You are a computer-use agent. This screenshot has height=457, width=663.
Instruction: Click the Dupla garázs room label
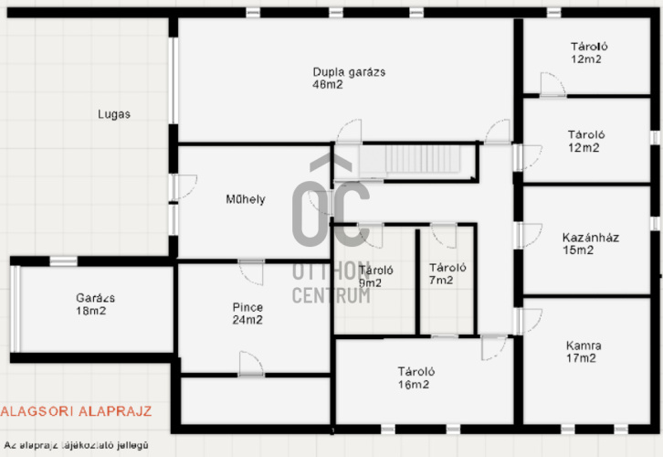(349, 79)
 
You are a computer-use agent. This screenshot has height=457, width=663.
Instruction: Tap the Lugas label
(114, 114)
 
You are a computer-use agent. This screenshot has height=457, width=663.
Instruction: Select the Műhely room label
(246, 199)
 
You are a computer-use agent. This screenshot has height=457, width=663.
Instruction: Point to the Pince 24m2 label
(247, 314)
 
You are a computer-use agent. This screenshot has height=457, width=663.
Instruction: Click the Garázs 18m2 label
(95, 304)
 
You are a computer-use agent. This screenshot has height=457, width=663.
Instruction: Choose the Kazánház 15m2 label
(591, 244)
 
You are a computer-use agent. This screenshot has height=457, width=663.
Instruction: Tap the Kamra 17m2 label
(583, 352)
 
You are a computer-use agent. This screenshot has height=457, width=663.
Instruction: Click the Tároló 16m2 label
(416, 377)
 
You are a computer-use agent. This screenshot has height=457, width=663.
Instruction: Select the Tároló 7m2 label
(447, 274)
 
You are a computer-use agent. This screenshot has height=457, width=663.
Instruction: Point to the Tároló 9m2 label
(376, 276)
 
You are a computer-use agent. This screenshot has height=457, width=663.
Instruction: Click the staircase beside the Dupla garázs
(409, 160)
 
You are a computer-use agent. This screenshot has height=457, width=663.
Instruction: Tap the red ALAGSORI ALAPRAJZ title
(76, 411)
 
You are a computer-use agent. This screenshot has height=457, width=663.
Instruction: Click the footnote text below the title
(76, 445)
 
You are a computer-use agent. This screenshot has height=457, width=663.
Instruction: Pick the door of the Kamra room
(528, 321)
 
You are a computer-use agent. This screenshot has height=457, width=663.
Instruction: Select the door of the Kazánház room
(528, 235)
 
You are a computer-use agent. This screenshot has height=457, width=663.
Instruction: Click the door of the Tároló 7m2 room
(444, 235)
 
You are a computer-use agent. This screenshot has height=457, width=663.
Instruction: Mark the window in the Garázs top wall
(63, 261)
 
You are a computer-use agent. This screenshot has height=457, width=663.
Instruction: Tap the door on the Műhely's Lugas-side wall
(183, 187)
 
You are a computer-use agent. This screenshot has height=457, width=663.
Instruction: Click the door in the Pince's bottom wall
(251, 364)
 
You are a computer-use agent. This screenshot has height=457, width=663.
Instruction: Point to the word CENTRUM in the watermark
(331, 295)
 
